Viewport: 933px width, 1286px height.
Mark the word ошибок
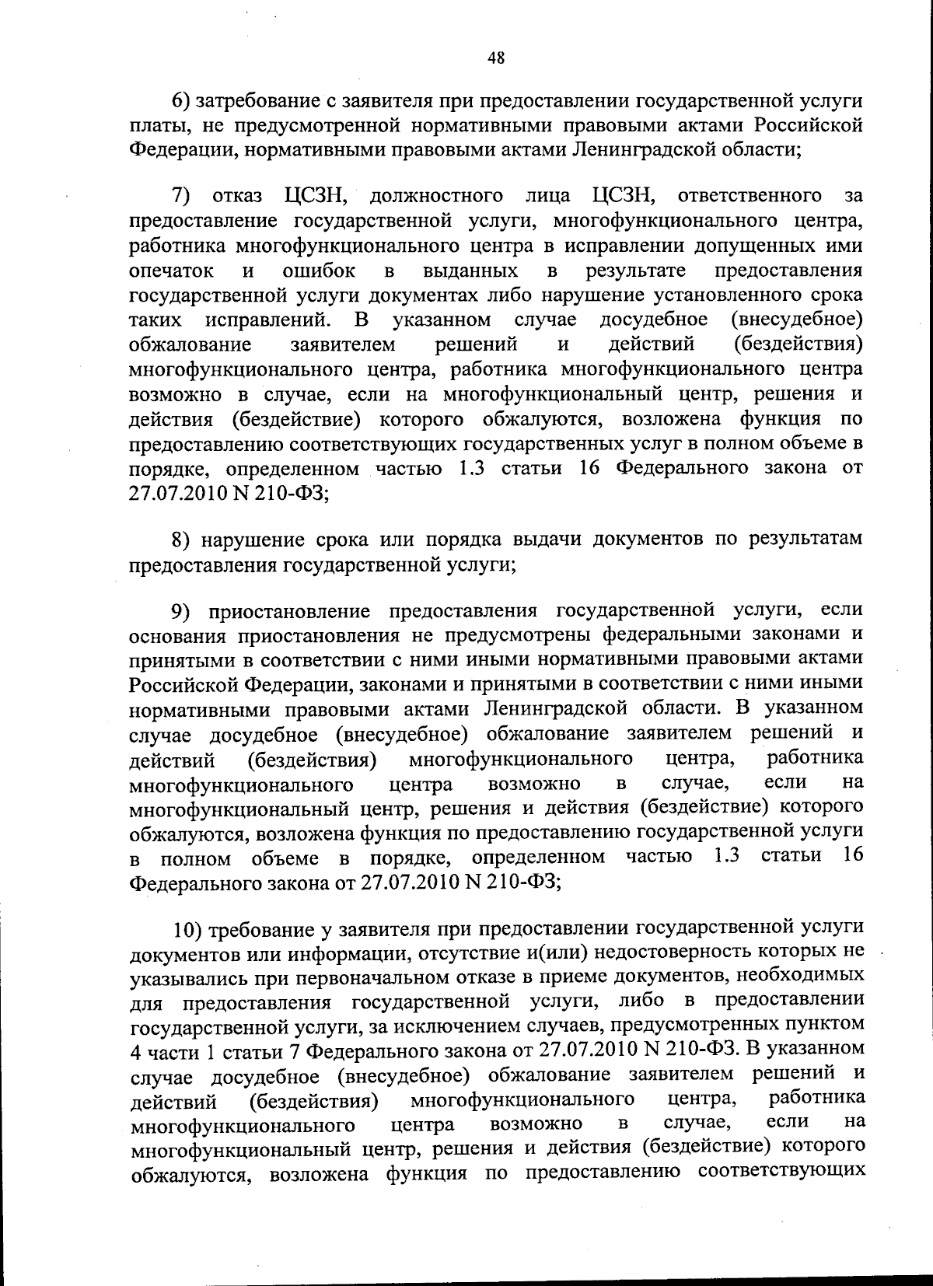coord(319,270)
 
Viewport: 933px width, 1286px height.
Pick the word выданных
coord(472,270)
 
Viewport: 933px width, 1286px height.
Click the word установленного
coord(712,295)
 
